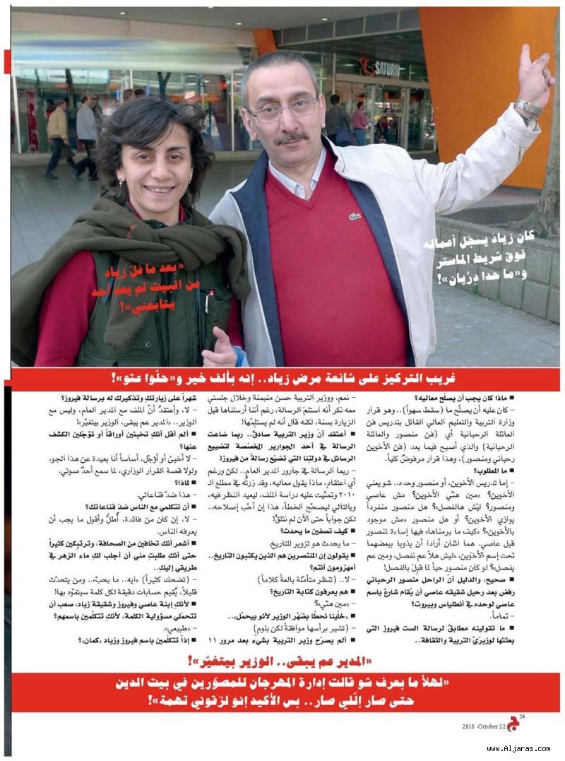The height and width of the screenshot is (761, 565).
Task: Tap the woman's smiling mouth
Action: [160, 190]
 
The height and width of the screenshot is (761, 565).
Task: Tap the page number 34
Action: [522, 716]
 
